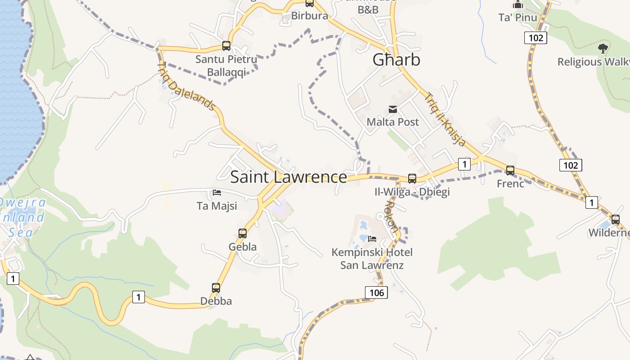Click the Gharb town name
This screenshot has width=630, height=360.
[x=396, y=60]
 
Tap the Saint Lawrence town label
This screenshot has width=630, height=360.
[x=288, y=177]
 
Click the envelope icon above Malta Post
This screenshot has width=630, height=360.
[x=393, y=109]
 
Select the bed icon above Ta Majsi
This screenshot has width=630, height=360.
[x=217, y=193]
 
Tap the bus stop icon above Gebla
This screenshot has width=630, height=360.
[x=243, y=234]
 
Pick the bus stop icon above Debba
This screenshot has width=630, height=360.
[x=216, y=288]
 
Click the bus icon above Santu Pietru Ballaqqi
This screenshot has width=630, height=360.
[x=226, y=46]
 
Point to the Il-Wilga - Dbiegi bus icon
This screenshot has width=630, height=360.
[x=412, y=179]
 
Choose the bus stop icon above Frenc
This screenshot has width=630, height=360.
[x=510, y=171]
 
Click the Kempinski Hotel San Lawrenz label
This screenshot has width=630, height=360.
[x=372, y=259]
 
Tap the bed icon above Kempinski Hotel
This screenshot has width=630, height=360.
[x=372, y=238]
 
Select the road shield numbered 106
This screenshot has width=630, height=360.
[x=376, y=293]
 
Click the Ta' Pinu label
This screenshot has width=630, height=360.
[x=518, y=18]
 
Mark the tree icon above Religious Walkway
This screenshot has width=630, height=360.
[x=603, y=48]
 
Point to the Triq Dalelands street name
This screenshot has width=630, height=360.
[x=186, y=86]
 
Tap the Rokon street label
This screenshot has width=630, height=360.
[x=391, y=216]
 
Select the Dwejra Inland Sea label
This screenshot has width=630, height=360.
[x=22, y=217]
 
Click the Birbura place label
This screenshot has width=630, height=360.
[x=310, y=16]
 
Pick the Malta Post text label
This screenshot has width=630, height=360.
[x=392, y=122]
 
